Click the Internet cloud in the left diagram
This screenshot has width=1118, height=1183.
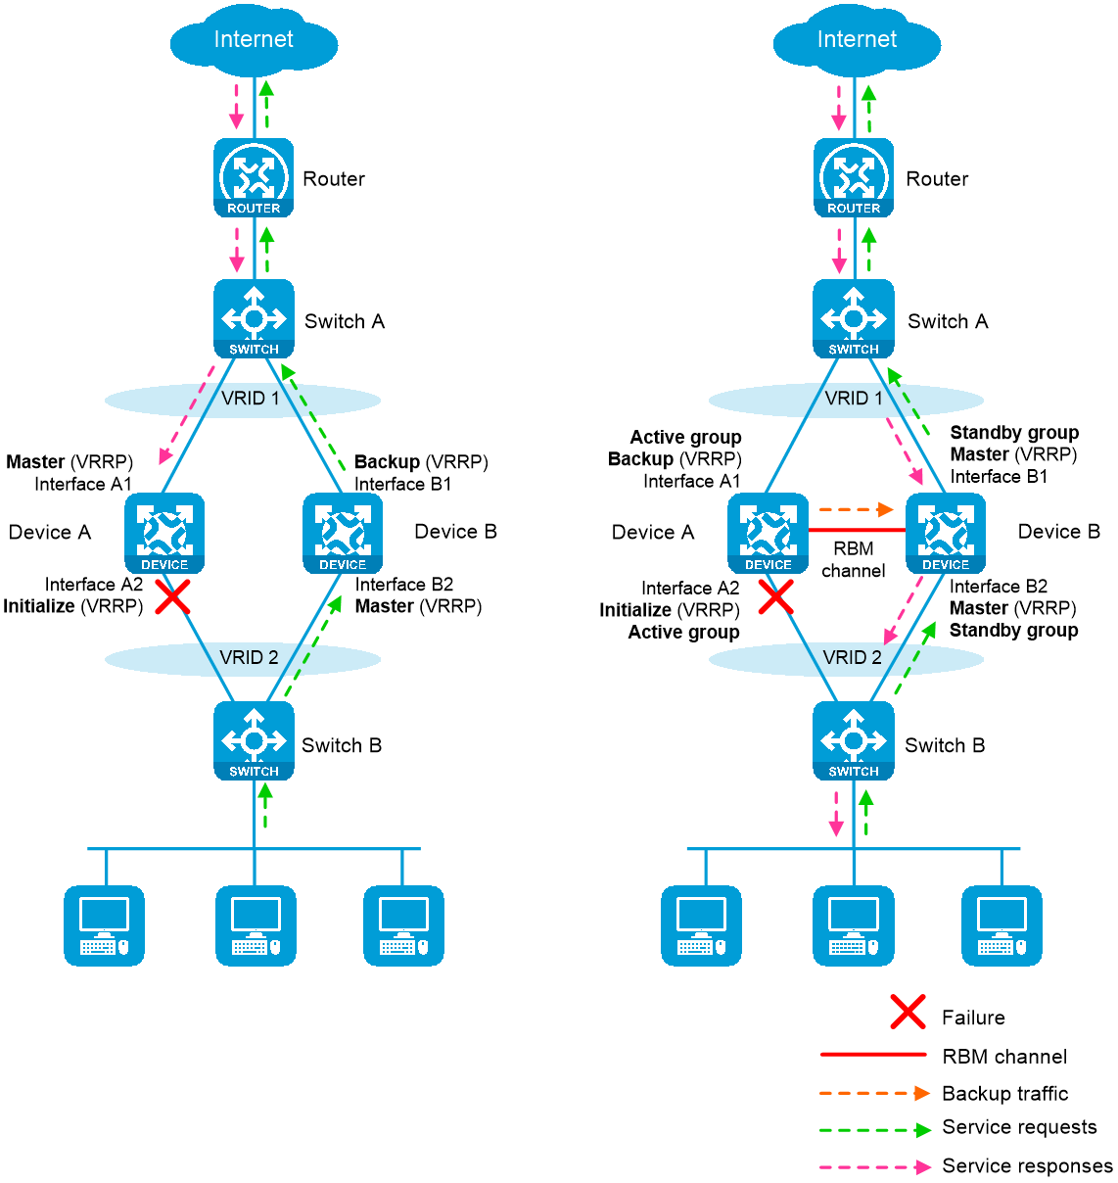coord(254,41)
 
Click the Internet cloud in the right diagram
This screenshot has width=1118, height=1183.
coord(857,41)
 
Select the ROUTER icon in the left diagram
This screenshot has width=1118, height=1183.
coord(254,177)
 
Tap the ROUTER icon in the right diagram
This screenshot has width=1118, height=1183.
coord(854,177)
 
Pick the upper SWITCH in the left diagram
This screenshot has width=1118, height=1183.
coord(254,318)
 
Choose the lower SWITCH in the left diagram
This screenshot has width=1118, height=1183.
coord(254,740)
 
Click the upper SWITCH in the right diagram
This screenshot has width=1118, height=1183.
coord(854,318)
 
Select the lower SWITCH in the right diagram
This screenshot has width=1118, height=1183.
coord(854,740)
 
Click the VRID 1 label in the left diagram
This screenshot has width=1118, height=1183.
coord(251,399)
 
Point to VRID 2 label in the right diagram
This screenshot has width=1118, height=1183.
coord(852,658)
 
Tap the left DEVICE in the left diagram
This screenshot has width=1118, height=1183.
coord(164,534)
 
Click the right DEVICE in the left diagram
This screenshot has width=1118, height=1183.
coord(343,534)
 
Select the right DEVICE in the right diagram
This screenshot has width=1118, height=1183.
coord(946,534)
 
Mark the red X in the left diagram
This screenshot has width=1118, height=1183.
coord(173,596)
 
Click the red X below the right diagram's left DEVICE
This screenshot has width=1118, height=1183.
coord(776,596)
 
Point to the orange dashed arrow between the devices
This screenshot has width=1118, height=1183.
coord(856,509)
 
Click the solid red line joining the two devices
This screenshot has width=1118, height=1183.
coord(857,531)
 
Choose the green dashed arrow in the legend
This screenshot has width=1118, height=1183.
coord(874,1130)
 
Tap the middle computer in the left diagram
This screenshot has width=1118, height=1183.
coord(256,925)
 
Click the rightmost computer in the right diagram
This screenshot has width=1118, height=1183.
coord(1002,925)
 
